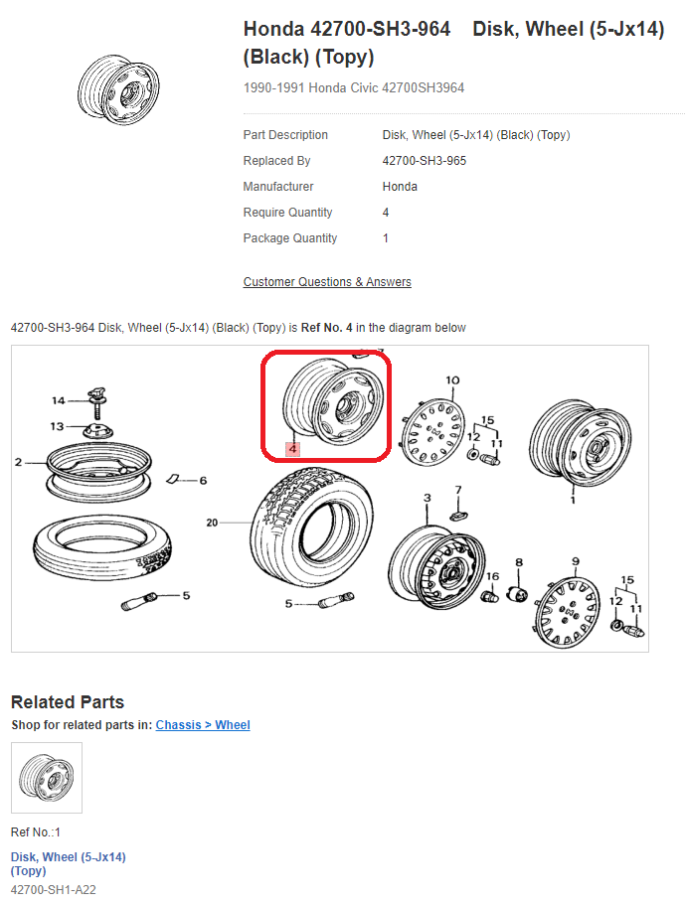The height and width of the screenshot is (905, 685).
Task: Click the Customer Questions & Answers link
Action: [327, 282]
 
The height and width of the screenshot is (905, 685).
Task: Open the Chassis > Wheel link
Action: [203, 725]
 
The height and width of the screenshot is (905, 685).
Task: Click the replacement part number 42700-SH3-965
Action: [424, 161]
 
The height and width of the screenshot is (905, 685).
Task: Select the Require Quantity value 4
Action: [385, 213]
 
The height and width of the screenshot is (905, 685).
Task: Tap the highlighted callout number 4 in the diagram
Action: [293, 448]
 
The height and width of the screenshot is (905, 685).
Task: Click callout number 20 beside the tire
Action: [212, 523]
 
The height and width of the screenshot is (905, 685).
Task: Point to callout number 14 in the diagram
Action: [59, 400]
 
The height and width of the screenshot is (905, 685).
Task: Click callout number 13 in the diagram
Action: [57, 426]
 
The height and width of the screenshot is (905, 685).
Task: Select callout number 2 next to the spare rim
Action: [19, 462]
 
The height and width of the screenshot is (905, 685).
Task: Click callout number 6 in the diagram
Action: [203, 480]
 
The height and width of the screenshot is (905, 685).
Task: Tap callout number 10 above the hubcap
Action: [452, 380]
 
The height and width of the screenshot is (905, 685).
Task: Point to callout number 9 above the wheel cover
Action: [576, 561]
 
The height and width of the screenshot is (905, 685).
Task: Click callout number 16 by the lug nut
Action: [492, 576]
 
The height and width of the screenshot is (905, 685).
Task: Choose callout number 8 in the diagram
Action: [519, 562]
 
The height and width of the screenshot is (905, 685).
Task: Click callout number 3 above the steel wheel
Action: [427, 498]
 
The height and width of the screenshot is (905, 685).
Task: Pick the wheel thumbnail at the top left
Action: [118, 89]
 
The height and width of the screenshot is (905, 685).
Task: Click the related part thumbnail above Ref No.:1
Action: [47, 778]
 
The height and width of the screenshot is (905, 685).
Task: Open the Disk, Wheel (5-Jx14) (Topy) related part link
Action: [69, 864]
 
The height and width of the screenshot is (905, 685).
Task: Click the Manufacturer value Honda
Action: [400, 187]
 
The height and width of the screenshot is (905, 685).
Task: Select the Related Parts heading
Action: [68, 701]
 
